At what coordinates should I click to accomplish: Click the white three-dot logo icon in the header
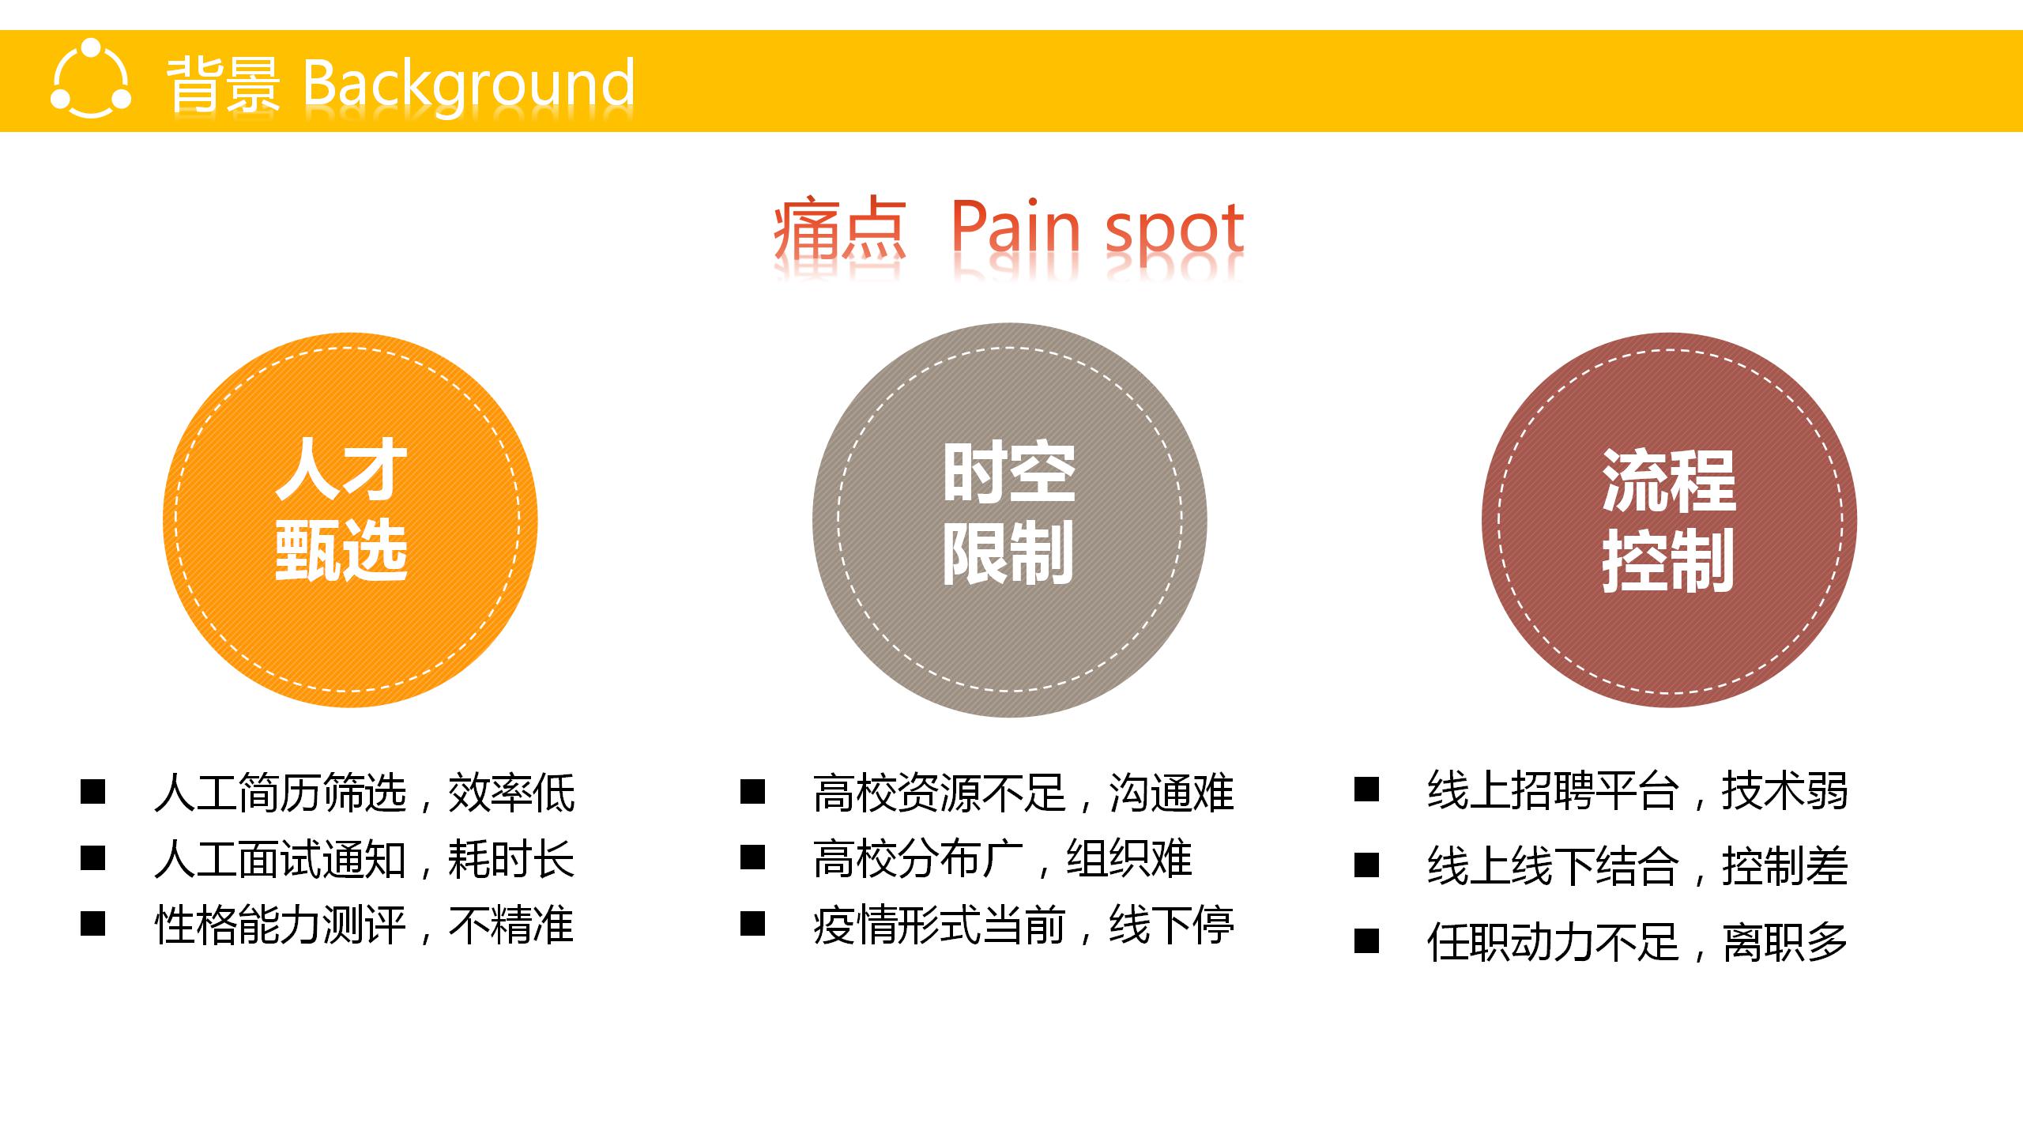(x=91, y=79)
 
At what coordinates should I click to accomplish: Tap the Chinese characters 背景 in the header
(x=223, y=84)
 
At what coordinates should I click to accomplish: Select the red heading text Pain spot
(x=1097, y=230)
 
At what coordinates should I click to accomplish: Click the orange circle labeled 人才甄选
(x=350, y=520)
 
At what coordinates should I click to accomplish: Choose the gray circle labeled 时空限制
(x=1010, y=520)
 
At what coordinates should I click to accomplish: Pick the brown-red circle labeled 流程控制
(x=1669, y=520)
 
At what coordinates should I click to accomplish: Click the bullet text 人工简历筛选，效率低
(x=364, y=793)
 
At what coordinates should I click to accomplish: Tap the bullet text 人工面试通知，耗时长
(x=364, y=859)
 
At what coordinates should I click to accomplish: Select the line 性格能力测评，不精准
(x=364, y=925)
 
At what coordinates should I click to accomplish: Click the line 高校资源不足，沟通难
(x=1023, y=793)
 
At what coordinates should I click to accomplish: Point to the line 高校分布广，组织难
(x=1003, y=859)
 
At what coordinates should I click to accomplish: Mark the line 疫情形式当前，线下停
(x=1023, y=925)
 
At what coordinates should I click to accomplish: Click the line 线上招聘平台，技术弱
(x=1637, y=790)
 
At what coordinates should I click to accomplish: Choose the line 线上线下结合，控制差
(x=1637, y=866)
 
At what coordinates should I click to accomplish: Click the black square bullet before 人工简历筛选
(x=93, y=792)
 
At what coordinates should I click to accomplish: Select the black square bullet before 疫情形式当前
(x=752, y=924)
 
